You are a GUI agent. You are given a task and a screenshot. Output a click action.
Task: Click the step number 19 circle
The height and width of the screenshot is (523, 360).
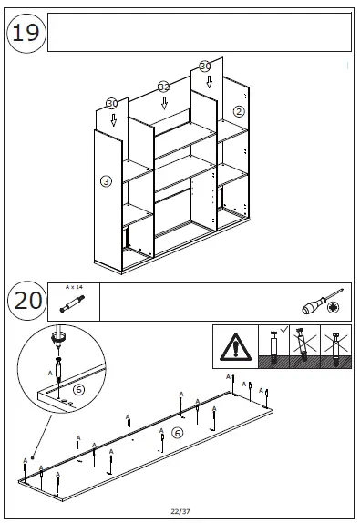pos(26,33)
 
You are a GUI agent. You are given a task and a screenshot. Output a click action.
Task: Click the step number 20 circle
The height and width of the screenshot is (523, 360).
pos(27,301)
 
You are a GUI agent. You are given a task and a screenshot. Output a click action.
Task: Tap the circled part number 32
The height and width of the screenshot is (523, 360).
pos(164,87)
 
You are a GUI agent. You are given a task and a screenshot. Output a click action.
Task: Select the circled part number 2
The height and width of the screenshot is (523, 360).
pos(239,111)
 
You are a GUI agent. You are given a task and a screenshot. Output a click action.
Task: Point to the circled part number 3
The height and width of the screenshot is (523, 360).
pos(106,181)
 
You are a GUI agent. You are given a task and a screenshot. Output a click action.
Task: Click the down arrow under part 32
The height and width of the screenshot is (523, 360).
pos(164,103)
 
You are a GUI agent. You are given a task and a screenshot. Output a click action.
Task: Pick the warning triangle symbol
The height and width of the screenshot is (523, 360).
pos(235,347)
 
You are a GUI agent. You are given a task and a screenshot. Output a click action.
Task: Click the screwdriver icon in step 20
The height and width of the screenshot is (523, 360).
pos(323,302)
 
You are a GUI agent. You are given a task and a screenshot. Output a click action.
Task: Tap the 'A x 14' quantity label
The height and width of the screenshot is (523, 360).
pos(74,287)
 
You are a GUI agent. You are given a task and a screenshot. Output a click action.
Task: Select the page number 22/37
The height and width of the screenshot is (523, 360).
pos(180,511)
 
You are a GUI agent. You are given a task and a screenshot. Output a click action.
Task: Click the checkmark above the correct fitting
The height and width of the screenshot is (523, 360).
pos(284,329)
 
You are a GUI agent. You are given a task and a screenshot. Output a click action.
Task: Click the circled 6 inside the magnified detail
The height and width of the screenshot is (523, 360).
pos(78,389)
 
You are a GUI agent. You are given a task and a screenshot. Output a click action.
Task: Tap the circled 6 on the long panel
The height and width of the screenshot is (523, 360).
pos(177,433)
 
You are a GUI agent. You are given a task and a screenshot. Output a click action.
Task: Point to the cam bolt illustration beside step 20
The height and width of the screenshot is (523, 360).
pos(72,303)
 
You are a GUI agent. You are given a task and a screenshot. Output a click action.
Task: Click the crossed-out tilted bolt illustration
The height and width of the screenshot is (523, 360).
pos(304,345)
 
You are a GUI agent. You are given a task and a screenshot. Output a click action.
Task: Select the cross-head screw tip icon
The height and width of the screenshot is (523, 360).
pos(332,307)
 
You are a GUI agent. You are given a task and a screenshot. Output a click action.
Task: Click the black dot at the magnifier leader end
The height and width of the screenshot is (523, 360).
pos(33,457)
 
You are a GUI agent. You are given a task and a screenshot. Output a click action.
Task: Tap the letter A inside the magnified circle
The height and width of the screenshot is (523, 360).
pos(50,374)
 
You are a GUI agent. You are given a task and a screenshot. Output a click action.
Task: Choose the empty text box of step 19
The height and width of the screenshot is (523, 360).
pos(200,33)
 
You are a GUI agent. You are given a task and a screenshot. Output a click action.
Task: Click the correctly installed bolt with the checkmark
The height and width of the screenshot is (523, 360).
pos(274,347)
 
